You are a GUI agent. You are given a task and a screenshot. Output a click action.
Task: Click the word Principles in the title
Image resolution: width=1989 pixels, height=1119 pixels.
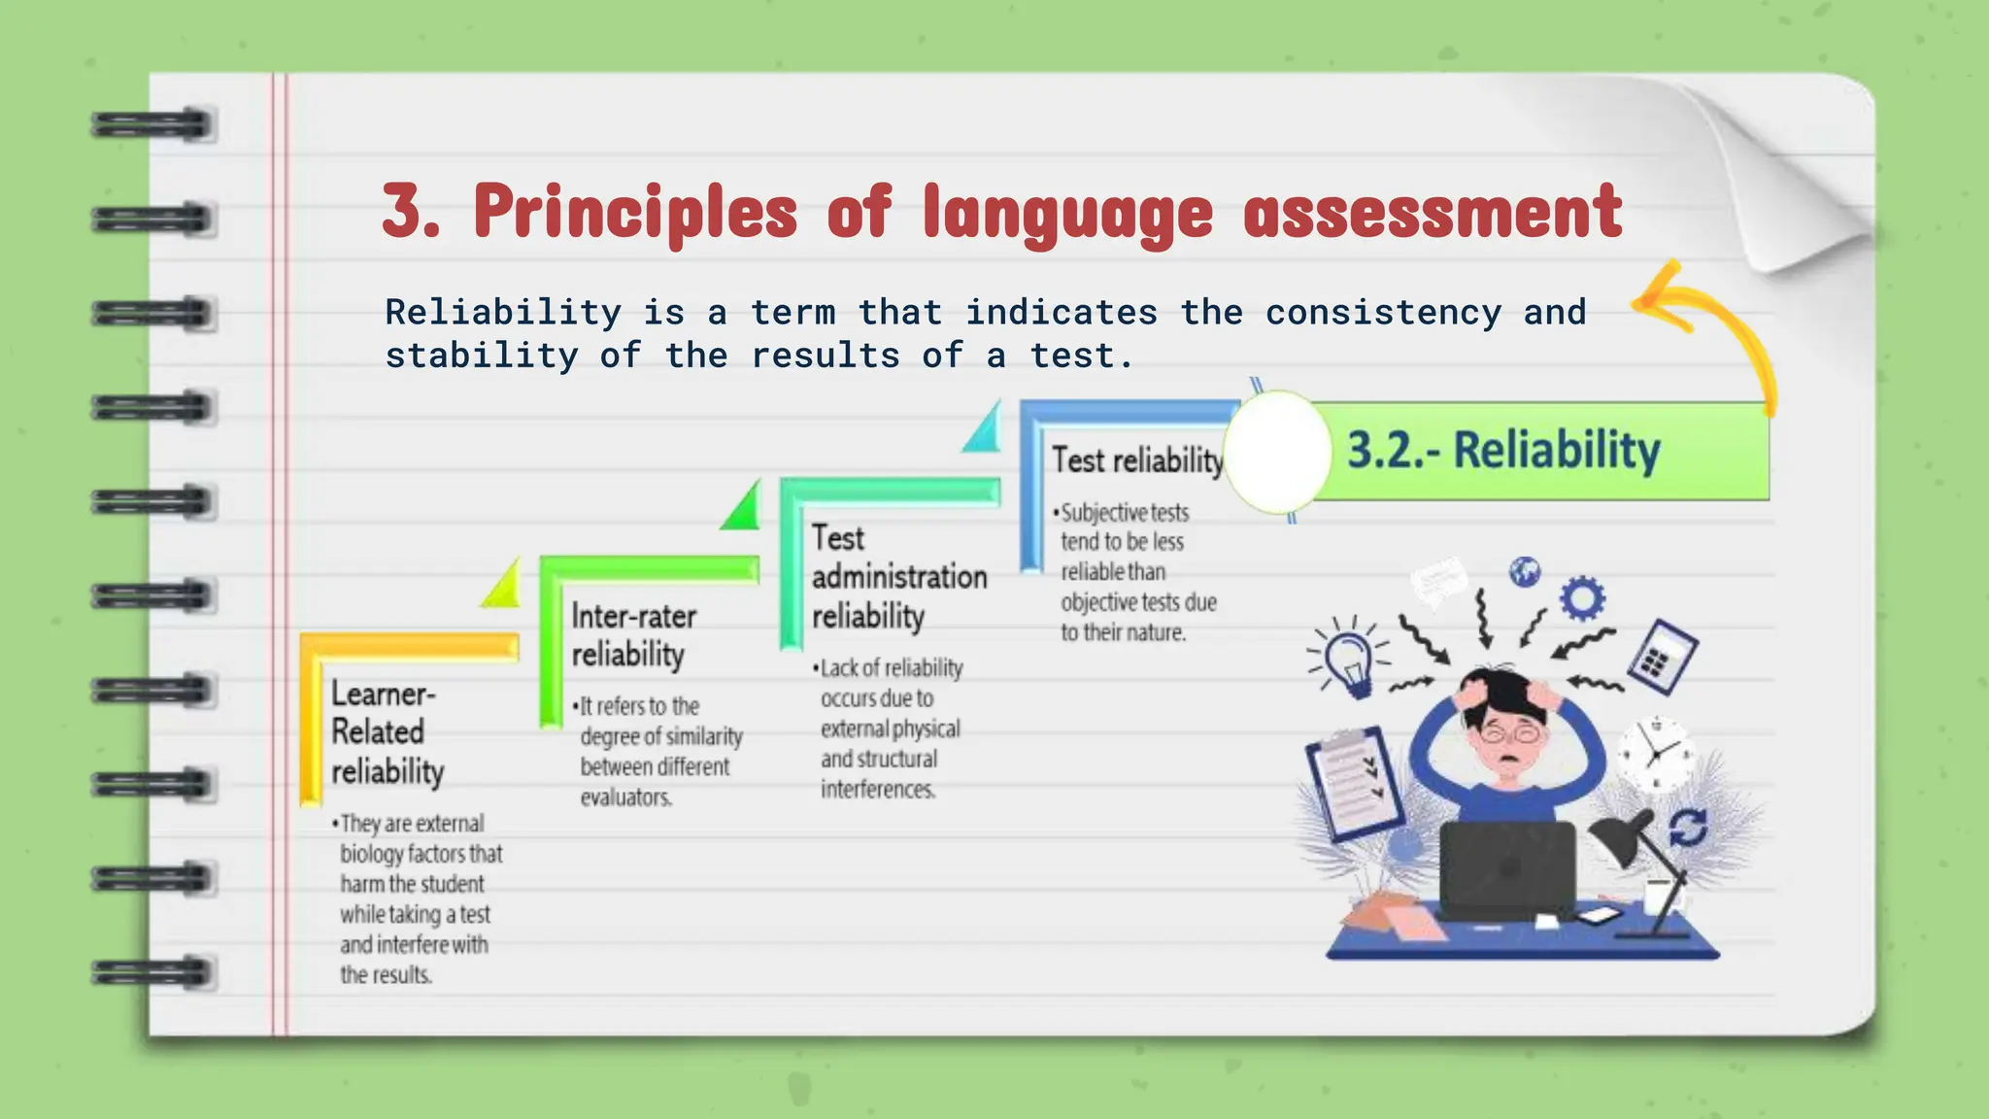pyautogui.click(x=635, y=212)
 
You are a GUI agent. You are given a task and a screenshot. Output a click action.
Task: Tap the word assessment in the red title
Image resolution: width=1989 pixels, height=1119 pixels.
pyautogui.click(x=1433, y=212)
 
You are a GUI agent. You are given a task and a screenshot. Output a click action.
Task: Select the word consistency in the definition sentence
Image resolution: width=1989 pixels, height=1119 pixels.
pyautogui.click(x=1383, y=313)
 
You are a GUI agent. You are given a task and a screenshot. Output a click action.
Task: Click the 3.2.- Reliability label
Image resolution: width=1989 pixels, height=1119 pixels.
pyautogui.click(x=1503, y=451)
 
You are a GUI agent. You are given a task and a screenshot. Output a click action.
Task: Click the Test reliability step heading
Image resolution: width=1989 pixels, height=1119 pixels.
pyautogui.click(x=1137, y=460)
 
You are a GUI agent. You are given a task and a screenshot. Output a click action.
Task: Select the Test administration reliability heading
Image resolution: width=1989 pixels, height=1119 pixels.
pyautogui.click(x=898, y=577)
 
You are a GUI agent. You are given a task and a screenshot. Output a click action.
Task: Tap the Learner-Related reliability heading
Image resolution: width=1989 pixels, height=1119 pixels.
pyautogui.click(x=387, y=732)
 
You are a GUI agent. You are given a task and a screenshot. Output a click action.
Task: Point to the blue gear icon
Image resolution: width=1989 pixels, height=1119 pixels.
pyautogui.click(x=1582, y=597)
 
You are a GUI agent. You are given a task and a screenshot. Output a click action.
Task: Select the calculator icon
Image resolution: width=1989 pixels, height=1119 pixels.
pyautogui.click(x=1663, y=657)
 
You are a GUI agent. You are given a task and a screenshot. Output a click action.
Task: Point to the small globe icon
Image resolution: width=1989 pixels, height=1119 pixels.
pyautogui.click(x=1525, y=571)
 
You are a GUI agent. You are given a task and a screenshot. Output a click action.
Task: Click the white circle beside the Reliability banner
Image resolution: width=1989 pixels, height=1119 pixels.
pyautogui.click(x=1277, y=452)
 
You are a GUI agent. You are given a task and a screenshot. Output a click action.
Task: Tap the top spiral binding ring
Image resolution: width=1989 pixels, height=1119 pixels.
pyautogui.click(x=153, y=125)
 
